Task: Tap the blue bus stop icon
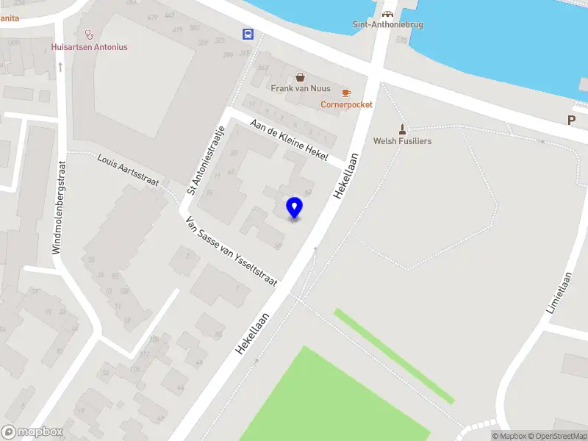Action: click(248, 33)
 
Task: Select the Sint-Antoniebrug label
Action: click(387, 24)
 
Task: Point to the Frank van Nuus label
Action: click(300, 89)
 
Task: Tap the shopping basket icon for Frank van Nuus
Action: click(300, 76)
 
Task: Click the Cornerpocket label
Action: click(346, 104)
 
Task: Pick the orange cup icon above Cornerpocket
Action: click(346, 93)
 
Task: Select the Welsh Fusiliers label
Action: click(402, 141)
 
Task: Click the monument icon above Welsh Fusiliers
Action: click(402, 128)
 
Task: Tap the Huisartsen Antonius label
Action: click(90, 47)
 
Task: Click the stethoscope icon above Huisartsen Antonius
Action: click(90, 34)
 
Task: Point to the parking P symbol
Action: click(570, 120)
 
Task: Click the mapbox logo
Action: click(32, 432)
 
